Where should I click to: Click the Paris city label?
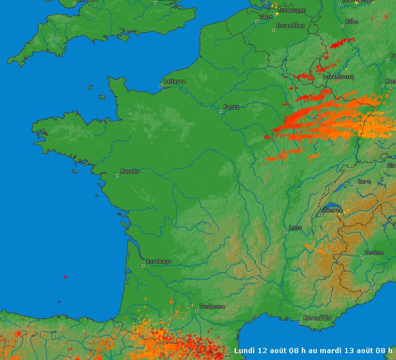[232, 107]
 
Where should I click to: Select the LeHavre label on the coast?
[175, 81]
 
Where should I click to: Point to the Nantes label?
[130, 171]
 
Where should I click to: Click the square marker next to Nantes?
[118, 175]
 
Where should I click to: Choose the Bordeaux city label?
[159, 261]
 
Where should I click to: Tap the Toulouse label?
[212, 307]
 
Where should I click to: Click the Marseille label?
[317, 318]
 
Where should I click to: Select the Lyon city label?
[295, 228]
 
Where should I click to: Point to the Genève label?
[333, 210]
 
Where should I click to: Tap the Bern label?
[364, 182]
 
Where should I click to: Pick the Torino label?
[373, 253]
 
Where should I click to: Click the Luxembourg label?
[339, 77]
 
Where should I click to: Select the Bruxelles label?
[291, 26]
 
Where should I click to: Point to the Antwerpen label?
[292, 10]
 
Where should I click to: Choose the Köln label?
[352, 22]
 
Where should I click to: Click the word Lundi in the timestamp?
[245, 350]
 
